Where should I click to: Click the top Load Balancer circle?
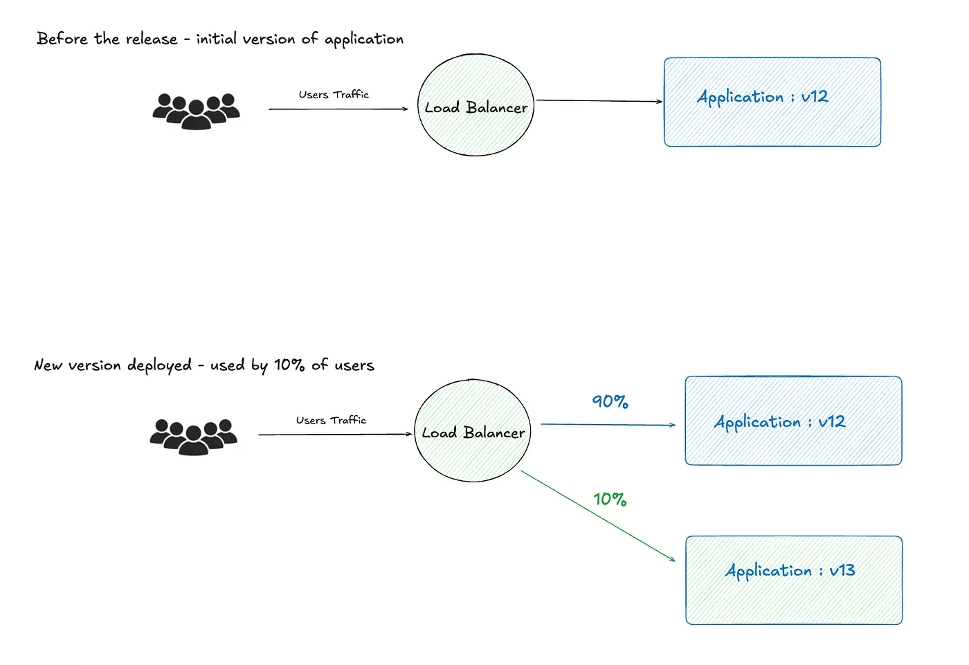(476, 105)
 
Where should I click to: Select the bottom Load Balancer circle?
(473, 430)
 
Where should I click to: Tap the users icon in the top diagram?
(196, 111)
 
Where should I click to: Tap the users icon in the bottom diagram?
(193, 436)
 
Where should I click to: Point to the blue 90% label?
(610, 401)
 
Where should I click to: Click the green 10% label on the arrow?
(610, 499)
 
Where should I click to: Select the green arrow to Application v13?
(597, 516)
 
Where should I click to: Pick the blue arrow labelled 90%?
(608, 424)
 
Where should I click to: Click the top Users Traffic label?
(334, 95)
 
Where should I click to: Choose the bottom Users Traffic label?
(331, 420)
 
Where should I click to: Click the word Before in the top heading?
(62, 39)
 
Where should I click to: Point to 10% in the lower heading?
(289, 365)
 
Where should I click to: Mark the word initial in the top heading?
(216, 39)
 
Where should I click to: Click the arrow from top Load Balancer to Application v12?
(599, 101)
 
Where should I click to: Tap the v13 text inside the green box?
(842, 570)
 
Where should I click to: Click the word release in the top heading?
(152, 39)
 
